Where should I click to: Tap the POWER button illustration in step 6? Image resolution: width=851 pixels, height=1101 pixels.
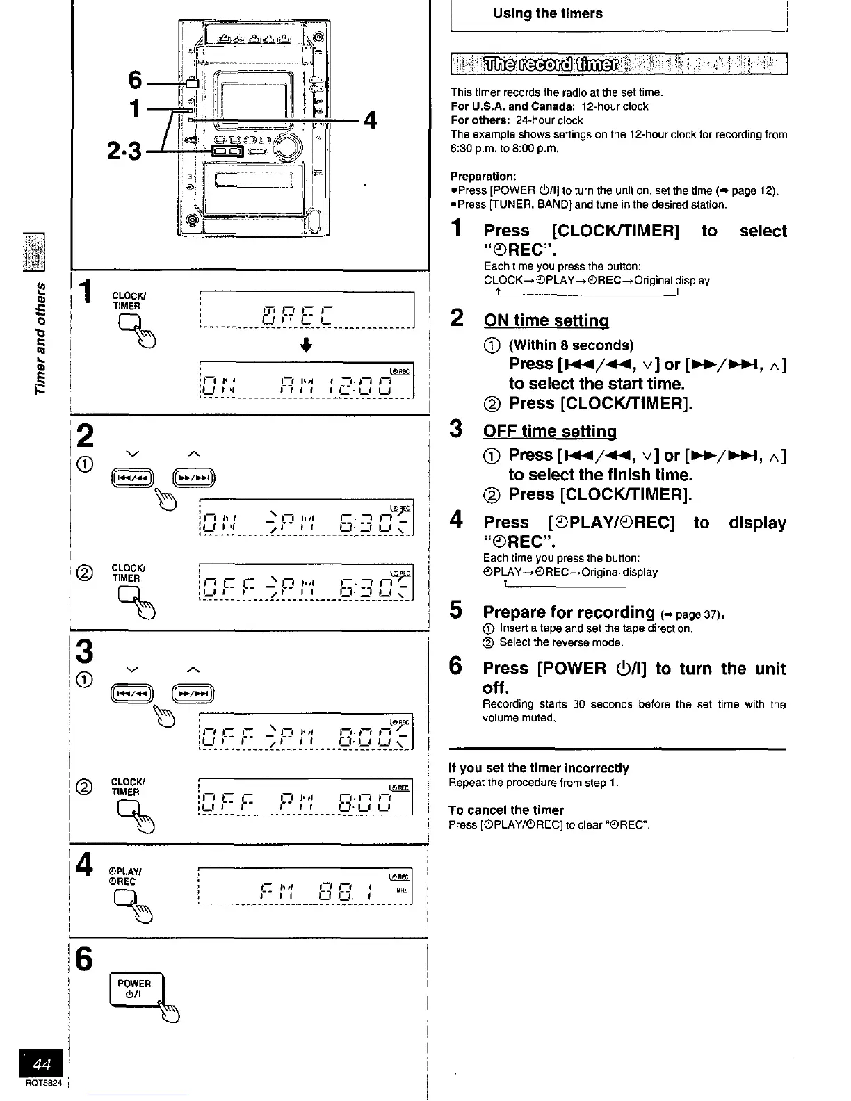pos(136,989)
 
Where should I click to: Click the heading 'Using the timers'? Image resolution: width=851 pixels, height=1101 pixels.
pos(548,13)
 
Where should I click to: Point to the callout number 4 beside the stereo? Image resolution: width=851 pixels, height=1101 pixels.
pos(370,120)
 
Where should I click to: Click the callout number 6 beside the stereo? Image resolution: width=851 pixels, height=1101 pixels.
pos(136,81)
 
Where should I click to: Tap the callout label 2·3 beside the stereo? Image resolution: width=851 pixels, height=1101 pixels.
pos(124,151)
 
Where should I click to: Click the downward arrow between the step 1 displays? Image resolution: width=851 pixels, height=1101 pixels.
pos(306,345)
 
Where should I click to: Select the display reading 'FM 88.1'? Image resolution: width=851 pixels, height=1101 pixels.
pos(306,886)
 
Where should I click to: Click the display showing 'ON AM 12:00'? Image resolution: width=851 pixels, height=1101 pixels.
pos(306,380)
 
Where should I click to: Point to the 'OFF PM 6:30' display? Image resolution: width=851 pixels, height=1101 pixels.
pos(306,583)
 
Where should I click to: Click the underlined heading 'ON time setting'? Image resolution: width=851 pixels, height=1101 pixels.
pos(546,320)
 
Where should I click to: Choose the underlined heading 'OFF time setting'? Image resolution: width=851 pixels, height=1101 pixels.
pos(550,431)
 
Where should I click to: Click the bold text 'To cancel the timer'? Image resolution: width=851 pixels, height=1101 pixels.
pos(505,810)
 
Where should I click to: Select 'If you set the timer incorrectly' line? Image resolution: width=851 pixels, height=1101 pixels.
pos(539,768)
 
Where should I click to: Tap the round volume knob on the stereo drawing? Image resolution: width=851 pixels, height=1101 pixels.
pos(288,147)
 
